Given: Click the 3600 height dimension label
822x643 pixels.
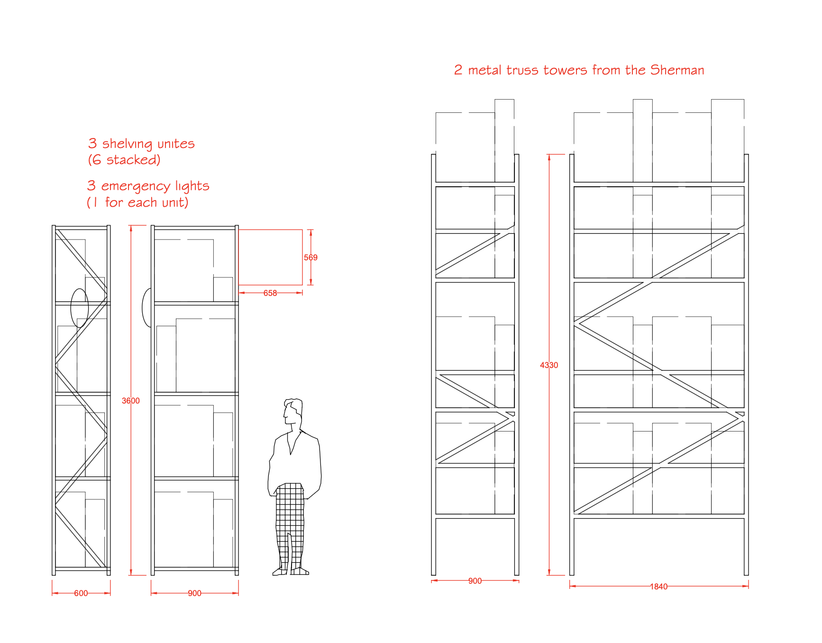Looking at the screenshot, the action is [x=131, y=401].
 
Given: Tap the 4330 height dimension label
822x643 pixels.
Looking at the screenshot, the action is [x=549, y=365].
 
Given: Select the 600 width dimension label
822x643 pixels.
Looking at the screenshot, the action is [x=81, y=593].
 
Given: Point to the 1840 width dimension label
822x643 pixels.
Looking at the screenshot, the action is [x=658, y=587].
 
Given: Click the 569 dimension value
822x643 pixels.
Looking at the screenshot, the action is [x=311, y=257].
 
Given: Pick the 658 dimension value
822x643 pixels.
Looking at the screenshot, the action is [x=270, y=293].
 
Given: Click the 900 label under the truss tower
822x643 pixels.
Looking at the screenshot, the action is [x=475, y=581].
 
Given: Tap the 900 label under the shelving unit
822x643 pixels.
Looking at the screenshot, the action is [x=194, y=593].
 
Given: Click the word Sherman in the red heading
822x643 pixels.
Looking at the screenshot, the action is [x=677, y=70].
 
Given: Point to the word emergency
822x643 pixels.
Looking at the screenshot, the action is [x=136, y=186].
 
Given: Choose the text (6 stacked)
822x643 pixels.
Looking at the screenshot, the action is [x=124, y=160].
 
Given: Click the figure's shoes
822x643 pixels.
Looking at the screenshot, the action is [x=291, y=571].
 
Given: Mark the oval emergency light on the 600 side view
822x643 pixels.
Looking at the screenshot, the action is [x=79, y=308].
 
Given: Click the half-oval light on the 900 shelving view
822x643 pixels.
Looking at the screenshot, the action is [x=147, y=307].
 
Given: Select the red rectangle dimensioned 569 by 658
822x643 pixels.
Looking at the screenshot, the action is [x=270, y=257].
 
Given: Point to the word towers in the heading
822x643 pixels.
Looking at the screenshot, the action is [x=565, y=70].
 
